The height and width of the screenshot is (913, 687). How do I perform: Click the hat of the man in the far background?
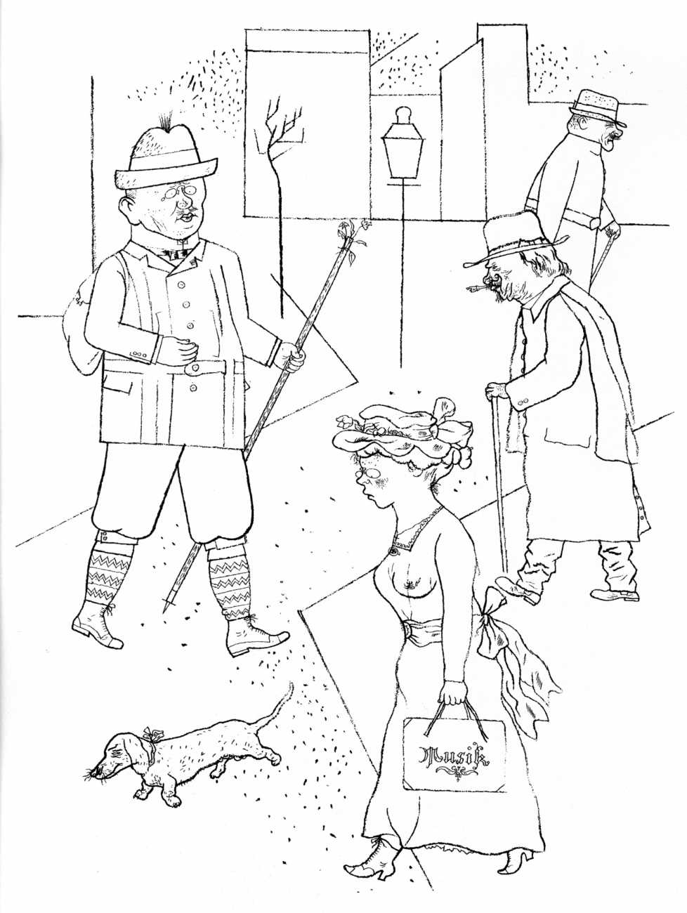[x=597, y=107]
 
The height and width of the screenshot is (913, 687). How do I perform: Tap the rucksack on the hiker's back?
[x=83, y=324]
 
